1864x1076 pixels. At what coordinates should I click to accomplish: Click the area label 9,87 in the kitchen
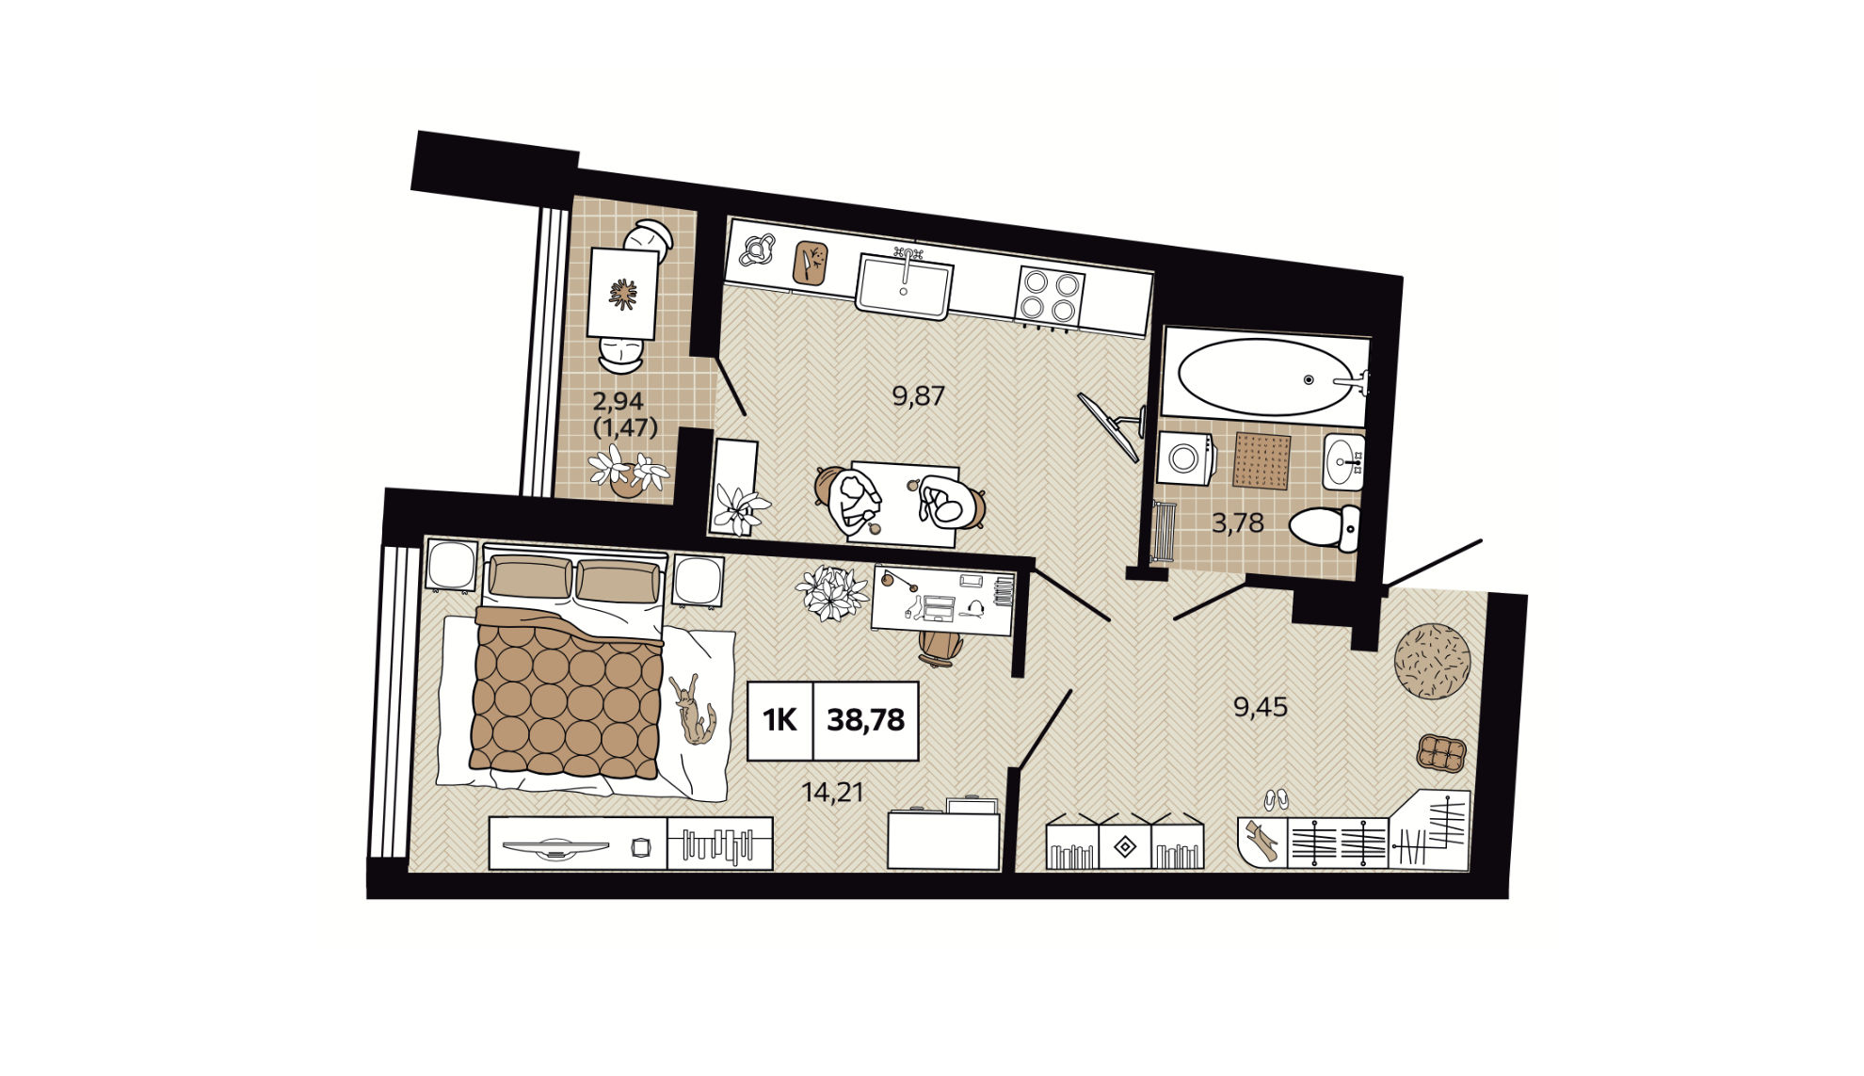(x=918, y=395)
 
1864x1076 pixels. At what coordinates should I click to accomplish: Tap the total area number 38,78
(x=865, y=720)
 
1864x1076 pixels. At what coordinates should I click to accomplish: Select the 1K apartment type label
(x=779, y=720)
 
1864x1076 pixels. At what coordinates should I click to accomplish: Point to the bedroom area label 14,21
(x=832, y=793)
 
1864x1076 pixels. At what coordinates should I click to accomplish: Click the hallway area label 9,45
(x=1261, y=706)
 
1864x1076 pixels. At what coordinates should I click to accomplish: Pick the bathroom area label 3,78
(x=1237, y=522)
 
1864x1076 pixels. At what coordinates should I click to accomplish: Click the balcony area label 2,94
(x=618, y=402)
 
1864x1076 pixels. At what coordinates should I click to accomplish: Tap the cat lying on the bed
(x=693, y=708)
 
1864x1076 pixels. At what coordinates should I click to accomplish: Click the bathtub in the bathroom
(x=1263, y=377)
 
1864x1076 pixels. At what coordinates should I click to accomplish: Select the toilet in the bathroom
(x=1326, y=527)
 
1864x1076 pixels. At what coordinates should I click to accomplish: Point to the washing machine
(x=1186, y=458)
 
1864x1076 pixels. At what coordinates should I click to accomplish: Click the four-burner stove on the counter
(x=1051, y=296)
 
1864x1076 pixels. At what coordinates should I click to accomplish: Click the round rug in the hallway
(x=1432, y=661)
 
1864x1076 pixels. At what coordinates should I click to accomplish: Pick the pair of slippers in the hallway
(x=1276, y=800)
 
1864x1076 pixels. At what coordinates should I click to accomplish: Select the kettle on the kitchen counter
(x=757, y=249)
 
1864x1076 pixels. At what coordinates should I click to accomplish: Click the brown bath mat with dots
(x=1261, y=461)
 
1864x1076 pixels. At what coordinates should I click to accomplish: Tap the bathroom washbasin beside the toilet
(x=1343, y=462)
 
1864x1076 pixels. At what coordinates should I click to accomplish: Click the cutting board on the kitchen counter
(x=810, y=263)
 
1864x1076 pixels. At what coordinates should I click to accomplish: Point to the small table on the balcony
(x=622, y=294)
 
